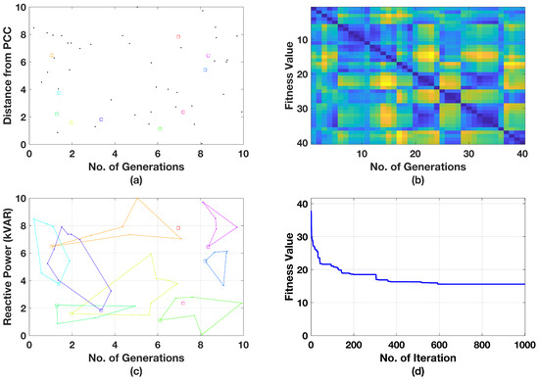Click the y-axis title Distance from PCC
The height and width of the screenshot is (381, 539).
[8, 75]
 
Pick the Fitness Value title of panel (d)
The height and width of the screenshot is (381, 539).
[290, 266]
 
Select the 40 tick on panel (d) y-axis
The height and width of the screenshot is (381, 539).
[302, 199]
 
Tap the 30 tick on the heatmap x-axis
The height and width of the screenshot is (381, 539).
[468, 154]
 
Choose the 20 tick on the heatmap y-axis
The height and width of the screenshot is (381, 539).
[302, 74]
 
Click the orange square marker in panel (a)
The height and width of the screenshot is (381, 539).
[52, 56]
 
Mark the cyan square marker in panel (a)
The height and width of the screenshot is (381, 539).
[59, 92]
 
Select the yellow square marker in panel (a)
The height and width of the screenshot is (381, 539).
[71, 122]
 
